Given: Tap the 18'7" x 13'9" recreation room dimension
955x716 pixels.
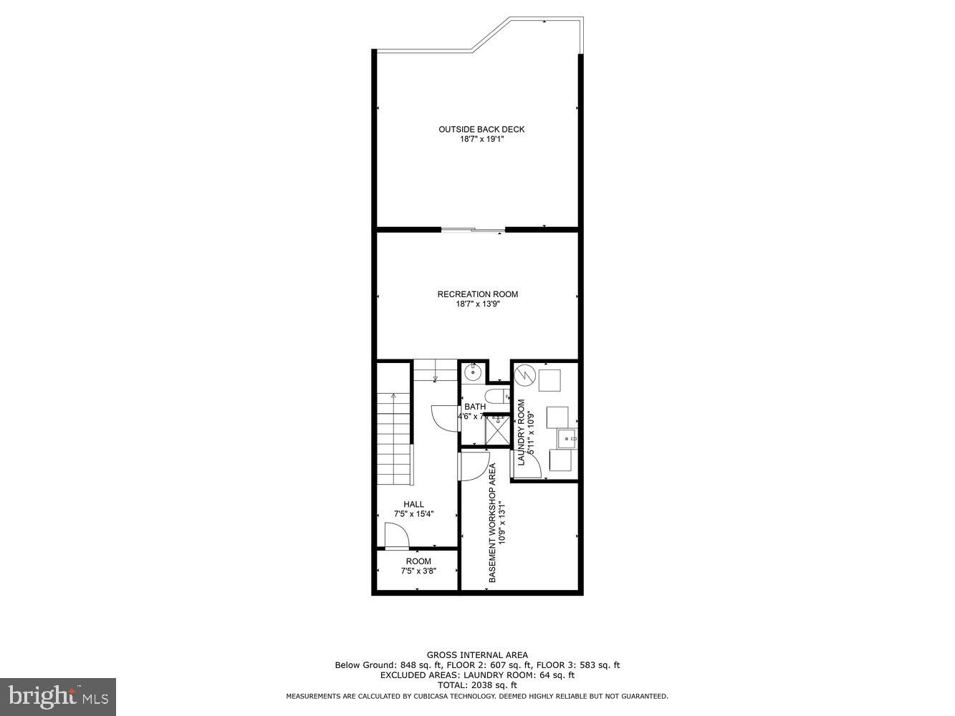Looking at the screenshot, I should click(477, 304).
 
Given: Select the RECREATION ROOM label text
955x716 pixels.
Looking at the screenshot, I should click(477, 294).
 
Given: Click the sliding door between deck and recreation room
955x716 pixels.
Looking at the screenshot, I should click(473, 230).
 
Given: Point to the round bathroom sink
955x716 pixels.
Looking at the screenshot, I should click(472, 372).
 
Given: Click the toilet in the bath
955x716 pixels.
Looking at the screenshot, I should click(496, 396).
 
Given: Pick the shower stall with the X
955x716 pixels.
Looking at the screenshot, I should click(496, 430).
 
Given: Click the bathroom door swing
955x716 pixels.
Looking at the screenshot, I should click(444, 417).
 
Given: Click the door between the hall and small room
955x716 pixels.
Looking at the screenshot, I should click(396, 536).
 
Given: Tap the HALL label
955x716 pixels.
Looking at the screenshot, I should click(413, 504).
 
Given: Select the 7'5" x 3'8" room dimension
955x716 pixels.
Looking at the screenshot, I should click(418, 571).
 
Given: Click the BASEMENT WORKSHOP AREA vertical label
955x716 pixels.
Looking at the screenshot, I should click(492, 523).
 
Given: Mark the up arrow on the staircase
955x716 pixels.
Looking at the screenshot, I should click(393, 396).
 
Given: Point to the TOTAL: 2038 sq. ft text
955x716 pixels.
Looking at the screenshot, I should click(477, 685).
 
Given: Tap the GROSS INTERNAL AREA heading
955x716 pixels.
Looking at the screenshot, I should click(477, 654).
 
